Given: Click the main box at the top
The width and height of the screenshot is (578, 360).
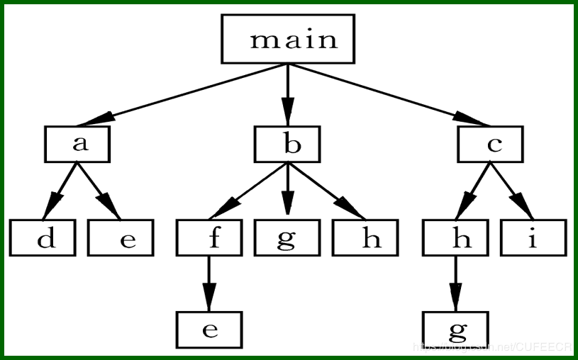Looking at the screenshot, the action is click(288, 39).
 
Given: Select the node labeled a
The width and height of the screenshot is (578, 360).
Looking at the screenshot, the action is click(77, 144).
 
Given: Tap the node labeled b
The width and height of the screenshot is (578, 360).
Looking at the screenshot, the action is click(287, 144).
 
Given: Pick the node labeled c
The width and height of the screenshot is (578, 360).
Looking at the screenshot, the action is click(490, 144).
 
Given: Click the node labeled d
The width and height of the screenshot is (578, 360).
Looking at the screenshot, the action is click(43, 237).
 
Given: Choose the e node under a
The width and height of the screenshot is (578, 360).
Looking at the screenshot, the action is click(121, 237).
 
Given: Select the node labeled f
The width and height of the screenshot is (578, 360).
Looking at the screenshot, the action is click(209, 237).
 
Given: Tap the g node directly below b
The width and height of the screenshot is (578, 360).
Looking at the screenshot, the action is click(287, 237).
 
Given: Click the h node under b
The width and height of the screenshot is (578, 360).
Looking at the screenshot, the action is click(365, 237).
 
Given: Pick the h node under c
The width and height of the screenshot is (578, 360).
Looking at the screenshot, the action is click(455, 237).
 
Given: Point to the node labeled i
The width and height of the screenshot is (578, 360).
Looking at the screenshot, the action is click(533, 237).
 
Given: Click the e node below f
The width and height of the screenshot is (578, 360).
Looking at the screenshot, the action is click(209, 330).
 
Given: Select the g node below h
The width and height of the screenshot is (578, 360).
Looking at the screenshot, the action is click(455, 330).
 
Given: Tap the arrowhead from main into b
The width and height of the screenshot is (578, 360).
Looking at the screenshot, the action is click(288, 111).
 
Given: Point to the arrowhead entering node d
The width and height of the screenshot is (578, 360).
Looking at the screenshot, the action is click(52, 206).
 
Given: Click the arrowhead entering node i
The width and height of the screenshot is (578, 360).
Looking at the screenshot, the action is click(523, 206).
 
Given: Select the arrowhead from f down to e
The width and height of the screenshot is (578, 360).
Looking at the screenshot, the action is click(209, 297).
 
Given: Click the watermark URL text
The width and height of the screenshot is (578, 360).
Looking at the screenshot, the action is click(492, 347).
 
